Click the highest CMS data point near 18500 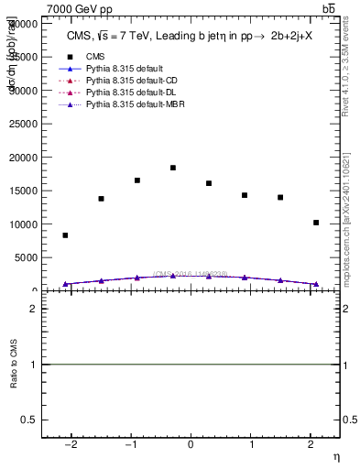point(173,168)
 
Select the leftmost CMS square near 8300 point(65,235)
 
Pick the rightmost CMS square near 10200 point(316,223)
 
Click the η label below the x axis point(335,455)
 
